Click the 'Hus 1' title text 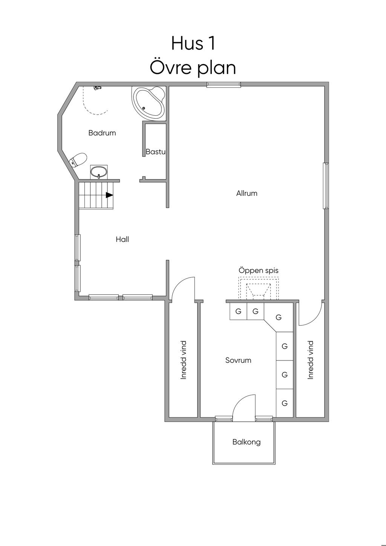tap(193, 43)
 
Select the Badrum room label tap(102, 133)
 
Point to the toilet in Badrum tap(78, 160)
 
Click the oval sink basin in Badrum tap(99, 172)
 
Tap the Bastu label tap(155, 152)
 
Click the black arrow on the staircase tap(109, 195)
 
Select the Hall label tap(123, 239)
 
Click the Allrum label tap(247, 193)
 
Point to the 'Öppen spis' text tap(258, 271)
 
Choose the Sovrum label tap(238, 360)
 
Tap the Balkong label tap(247, 442)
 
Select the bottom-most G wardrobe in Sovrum tap(284, 403)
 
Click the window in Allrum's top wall tap(224, 84)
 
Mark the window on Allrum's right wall tap(326, 186)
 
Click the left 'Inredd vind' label tap(183, 360)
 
